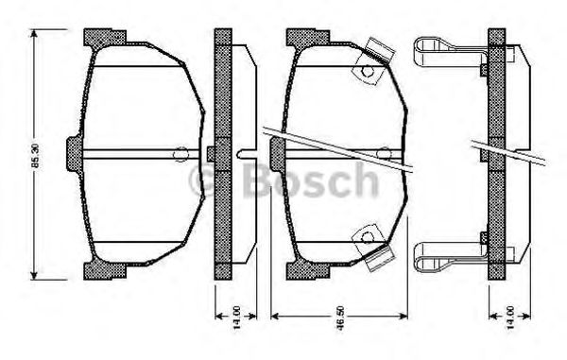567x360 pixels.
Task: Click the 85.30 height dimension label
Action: coord(36,156)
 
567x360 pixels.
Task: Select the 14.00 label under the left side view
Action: coord(236,317)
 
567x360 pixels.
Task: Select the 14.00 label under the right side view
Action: coord(510,317)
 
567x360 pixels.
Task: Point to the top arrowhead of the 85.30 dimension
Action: coord(34,33)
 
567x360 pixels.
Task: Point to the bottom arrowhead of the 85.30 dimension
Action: coord(34,275)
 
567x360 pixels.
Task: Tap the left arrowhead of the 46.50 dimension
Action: coord(275,317)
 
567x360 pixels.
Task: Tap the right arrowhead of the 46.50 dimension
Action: coord(404,317)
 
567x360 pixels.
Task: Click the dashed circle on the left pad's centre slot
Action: coord(180,154)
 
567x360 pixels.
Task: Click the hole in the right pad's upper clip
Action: coord(368,71)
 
